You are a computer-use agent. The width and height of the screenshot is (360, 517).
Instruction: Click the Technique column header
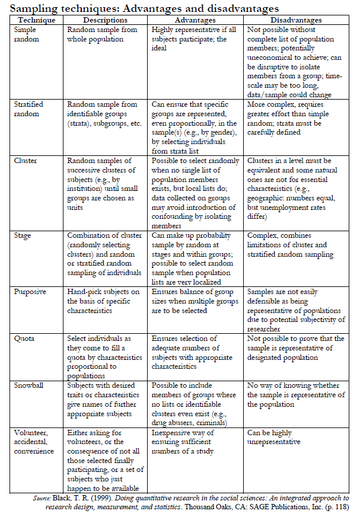36,20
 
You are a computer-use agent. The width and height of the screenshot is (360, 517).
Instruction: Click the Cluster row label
26,161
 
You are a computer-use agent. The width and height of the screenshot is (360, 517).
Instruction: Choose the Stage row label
23,235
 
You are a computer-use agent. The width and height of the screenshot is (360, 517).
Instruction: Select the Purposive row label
29,292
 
